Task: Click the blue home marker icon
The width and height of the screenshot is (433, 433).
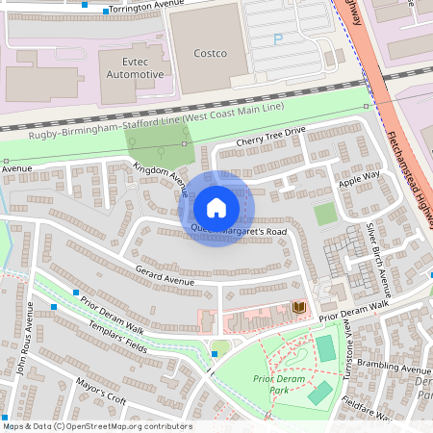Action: [216, 208]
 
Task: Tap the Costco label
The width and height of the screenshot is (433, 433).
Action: [210, 53]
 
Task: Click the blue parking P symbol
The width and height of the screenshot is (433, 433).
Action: [279, 39]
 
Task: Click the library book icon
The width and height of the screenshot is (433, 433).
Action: [298, 307]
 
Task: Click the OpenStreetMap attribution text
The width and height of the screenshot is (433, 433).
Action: [96, 426]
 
